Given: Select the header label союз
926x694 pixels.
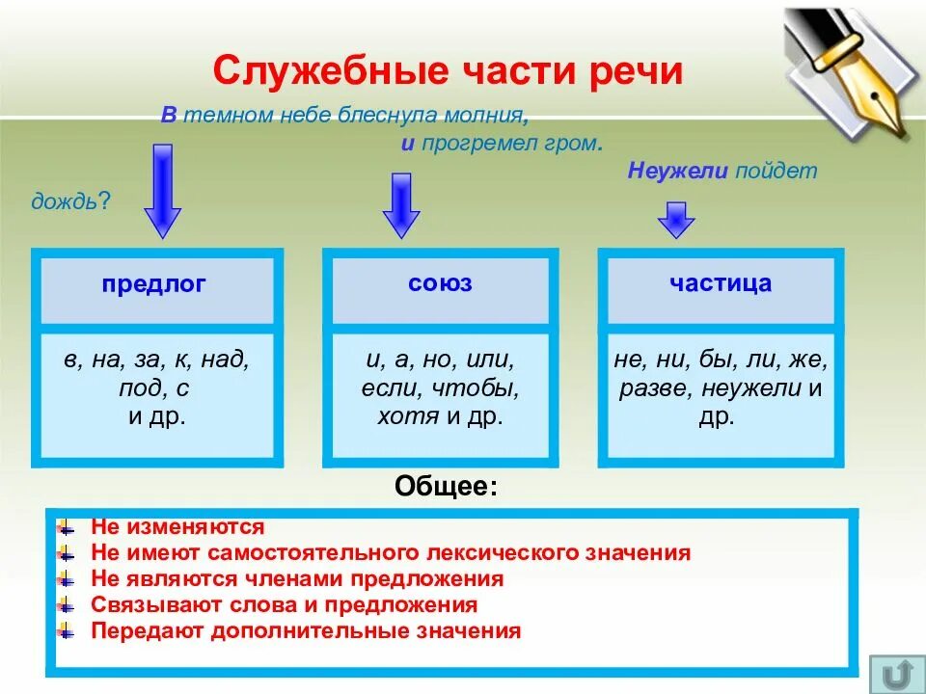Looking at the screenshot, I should (x=440, y=283).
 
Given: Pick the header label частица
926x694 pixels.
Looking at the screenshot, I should (x=721, y=283).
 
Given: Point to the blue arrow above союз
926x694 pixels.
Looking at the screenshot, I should (x=401, y=205).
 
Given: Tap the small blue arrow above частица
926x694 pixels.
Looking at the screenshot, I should (x=676, y=220).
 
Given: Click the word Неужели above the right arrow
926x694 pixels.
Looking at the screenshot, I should (x=678, y=172).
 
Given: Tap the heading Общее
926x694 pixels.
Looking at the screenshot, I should (x=447, y=487).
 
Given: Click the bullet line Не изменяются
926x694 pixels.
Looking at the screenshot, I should (x=177, y=527).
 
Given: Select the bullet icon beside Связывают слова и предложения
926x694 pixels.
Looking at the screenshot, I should (x=66, y=605).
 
